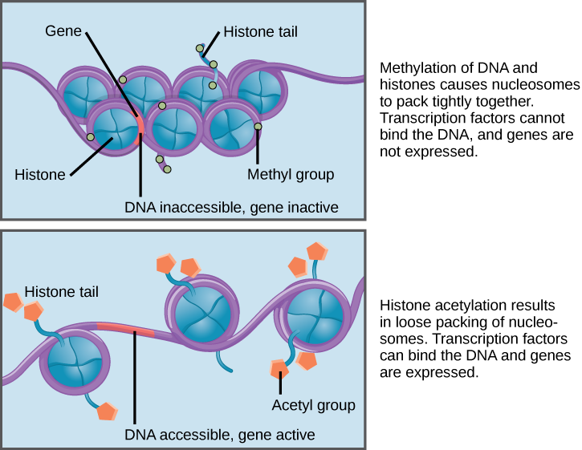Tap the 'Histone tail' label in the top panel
pos(260,32)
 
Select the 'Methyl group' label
pos(290,174)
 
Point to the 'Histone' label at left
pos(40,174)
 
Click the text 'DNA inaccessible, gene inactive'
pos(231,207)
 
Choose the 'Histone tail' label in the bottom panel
pos(61,292)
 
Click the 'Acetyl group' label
pos(313,405)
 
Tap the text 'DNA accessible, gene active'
pos(219,435)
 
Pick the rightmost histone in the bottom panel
pos(314,318)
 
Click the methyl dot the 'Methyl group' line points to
pos(258,127)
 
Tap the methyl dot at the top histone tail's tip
pos(200,49)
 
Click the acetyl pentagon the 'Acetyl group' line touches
pos(279,368)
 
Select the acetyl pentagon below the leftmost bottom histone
pos(107,411)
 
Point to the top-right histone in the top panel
pos(259,90)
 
